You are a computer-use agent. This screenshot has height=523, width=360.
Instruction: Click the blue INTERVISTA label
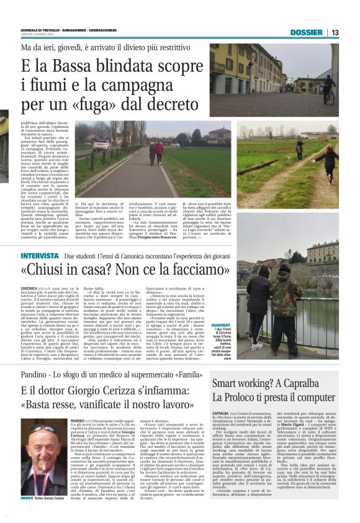pyautogui.click(x=39, y=256)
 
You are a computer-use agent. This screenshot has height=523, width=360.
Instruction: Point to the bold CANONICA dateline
pyautogui.click(x=29, y=289)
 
